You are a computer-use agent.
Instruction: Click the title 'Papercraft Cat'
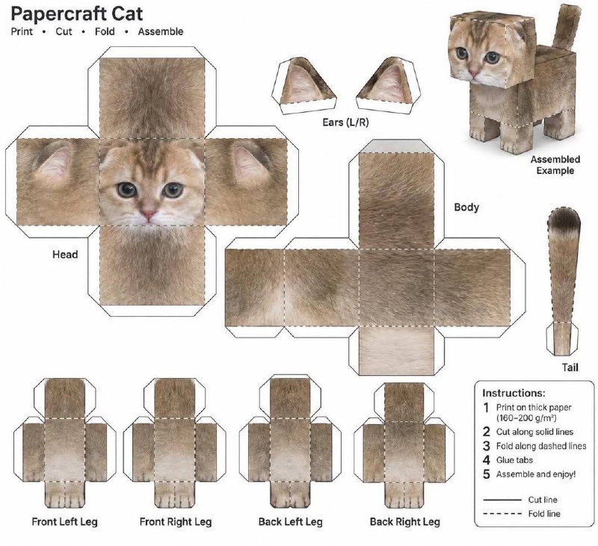pos(77,13)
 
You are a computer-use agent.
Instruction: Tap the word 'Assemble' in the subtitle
pos(161,31)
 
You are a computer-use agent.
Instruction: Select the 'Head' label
pos(65,255)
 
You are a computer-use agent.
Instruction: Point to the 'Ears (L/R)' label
pos(345,122)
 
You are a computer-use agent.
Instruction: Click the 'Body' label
pos(466,208)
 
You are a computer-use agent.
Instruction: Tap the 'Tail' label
pos(570,367)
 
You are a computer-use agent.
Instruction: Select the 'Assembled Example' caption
pos(555,164)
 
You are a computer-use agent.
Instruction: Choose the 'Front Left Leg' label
pos(65,521)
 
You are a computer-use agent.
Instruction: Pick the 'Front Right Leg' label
pos(176,521)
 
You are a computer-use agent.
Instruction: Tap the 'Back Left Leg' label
pos(291,521)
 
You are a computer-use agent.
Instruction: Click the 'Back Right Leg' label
pos(405,521)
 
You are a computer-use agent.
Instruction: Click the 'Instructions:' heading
pos(514,393)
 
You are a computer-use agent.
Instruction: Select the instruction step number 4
pos(487,460)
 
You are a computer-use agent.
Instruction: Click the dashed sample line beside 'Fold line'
pos(502,514)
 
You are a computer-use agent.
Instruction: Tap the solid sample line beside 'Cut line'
pos(502,500)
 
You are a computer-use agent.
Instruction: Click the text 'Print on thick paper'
pos(534,408)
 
